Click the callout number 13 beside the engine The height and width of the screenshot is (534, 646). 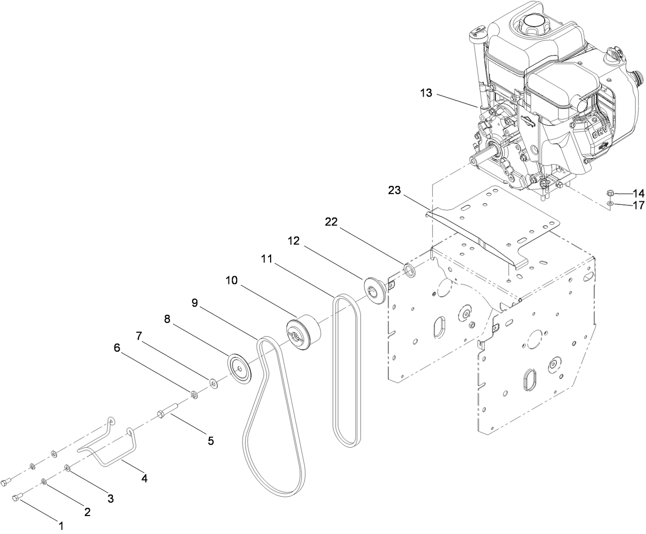coord(426,93)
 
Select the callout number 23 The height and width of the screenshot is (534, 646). coord(394,190)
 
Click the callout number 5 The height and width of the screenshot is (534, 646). coord(211,440)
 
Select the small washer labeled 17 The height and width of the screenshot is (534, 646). coord(610,205)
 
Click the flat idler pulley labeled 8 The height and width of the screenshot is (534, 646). coord(240,368)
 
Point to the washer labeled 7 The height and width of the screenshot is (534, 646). coord(212,382)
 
